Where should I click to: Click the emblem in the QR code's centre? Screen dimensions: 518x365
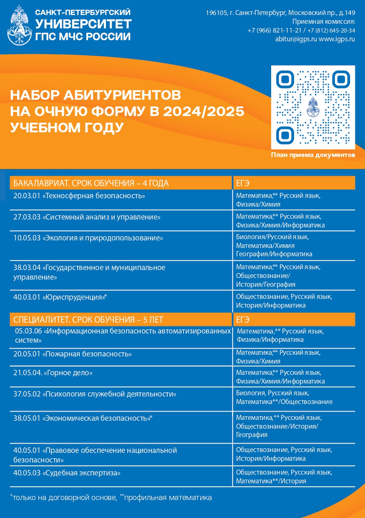coord(313,107)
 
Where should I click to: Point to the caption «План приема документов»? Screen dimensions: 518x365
coord(313,155)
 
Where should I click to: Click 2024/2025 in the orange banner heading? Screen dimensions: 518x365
coord(204,111)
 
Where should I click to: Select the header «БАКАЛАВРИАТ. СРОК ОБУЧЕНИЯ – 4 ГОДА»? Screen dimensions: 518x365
coord(91,183)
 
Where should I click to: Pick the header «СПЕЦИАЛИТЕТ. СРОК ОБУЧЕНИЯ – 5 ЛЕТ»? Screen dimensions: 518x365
coord(88,320)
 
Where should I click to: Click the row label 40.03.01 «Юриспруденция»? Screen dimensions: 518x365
coord(60,297)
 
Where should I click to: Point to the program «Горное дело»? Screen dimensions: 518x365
coord(68,372)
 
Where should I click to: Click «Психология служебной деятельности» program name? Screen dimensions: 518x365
coord(109,394)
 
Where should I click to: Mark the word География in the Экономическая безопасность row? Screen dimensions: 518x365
coord(252,435)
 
